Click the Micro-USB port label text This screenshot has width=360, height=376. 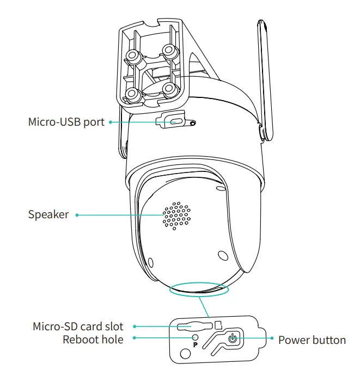pyautogui.click(x=66, y=122)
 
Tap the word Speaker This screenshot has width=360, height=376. pyautogui.click(x=48, y=214)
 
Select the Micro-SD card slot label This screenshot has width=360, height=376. pyautogui.click(x=78, y=326)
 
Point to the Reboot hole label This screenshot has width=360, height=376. pyautogui.click(x=93, y=340)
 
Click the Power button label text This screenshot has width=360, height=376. pyautogui.click(x=312, y=340)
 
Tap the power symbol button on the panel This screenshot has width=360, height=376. pyautogui.click(x=233, y=338)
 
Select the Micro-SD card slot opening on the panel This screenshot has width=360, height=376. pyautogui.click(x=192, y=326)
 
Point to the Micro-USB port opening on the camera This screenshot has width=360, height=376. pyautogui.click(x=175, y=121)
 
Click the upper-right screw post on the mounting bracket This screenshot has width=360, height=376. pyautogui.click(x=169, y=51)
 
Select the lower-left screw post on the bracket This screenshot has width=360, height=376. pyautogui.click(x=132, y=94)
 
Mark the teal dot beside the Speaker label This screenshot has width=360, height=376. pyautogui.click(x=77, y=215)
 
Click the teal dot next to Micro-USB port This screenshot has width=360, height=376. pyautogui.click(x=111, y=122)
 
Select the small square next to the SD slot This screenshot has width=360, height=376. pyautogui.click(x=218, y=325)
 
